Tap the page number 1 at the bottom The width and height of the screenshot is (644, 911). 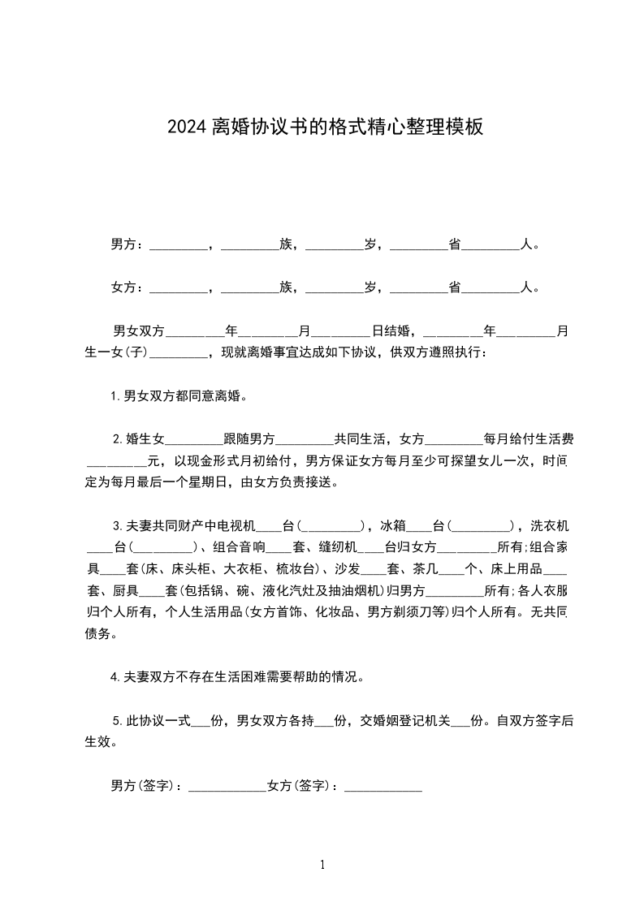322,866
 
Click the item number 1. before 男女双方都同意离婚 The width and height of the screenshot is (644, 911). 115,397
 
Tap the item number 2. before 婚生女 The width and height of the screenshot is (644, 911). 118,440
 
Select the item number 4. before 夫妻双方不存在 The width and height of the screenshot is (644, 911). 116,676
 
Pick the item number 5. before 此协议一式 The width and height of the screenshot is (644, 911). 118,720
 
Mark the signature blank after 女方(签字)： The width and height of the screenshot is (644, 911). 383,787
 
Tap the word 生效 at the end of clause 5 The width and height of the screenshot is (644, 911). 99,741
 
